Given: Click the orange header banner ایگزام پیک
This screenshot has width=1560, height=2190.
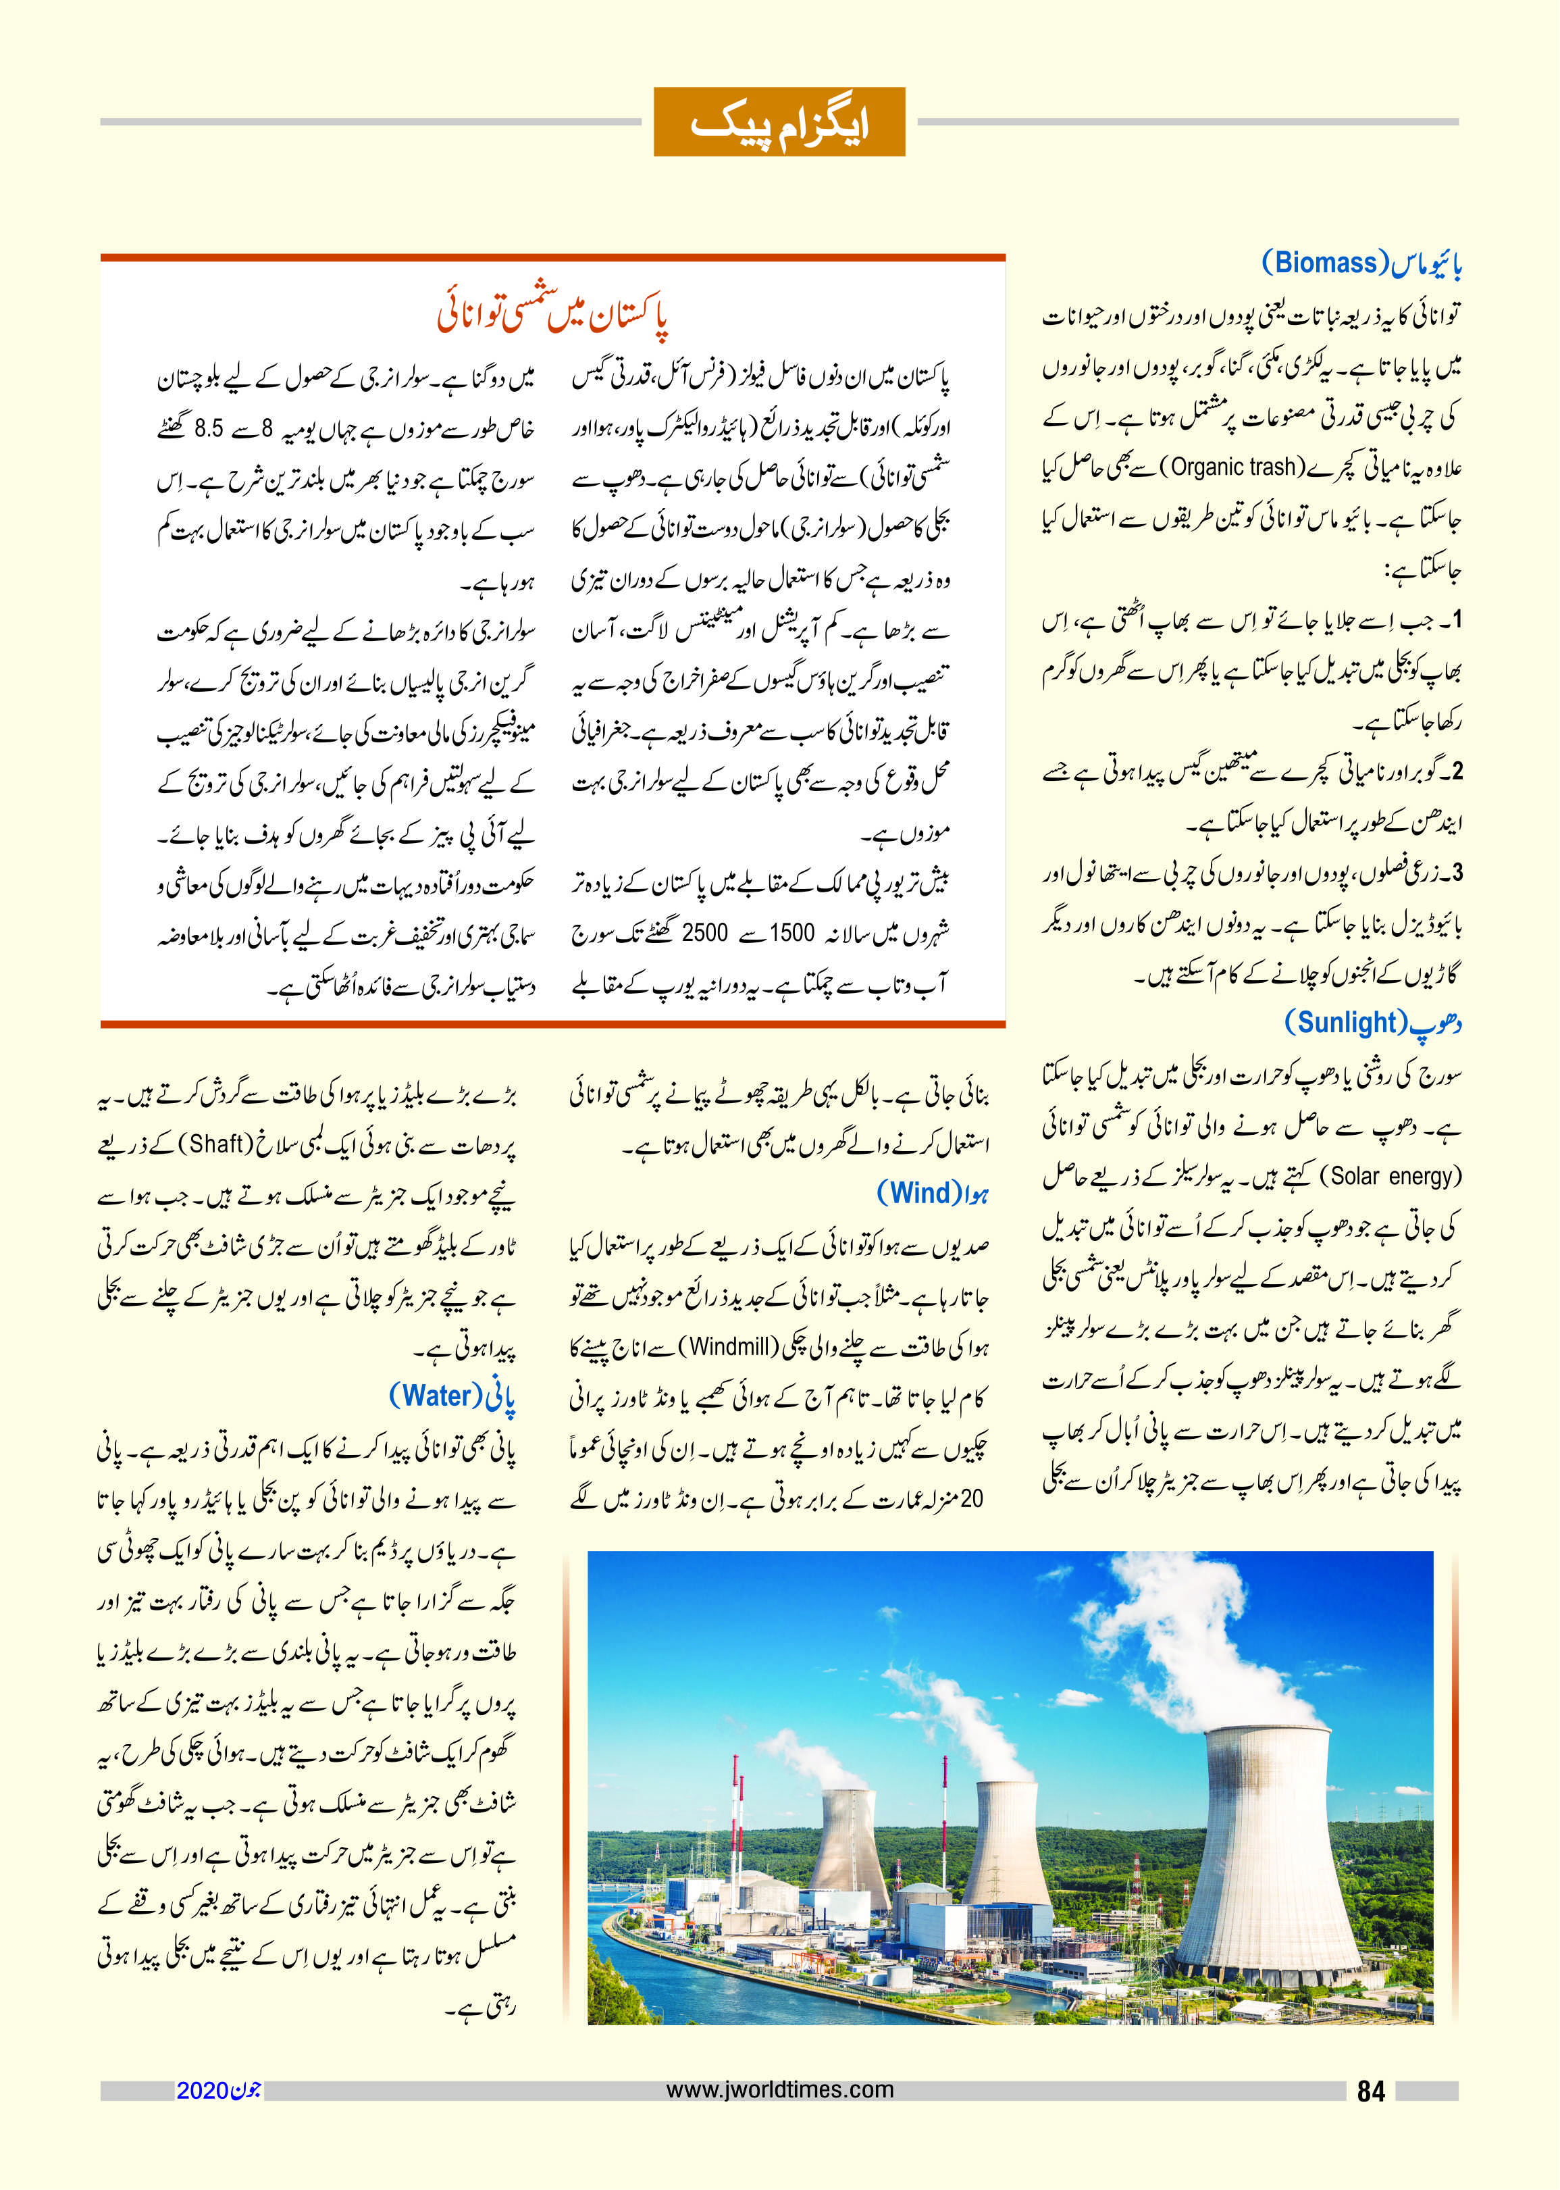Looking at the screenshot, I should point(779,122).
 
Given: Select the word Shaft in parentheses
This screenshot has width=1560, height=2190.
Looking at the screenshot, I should point(215,1144).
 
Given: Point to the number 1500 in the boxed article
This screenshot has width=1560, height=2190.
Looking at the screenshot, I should point(792,933).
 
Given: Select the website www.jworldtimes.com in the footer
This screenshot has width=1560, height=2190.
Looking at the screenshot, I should point(779,2089).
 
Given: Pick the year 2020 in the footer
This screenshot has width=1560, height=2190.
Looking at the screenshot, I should point(202,2090).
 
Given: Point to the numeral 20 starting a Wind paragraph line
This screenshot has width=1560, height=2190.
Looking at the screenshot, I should point(971,1499).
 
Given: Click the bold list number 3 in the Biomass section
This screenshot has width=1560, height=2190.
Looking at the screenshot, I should point(1457,873).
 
